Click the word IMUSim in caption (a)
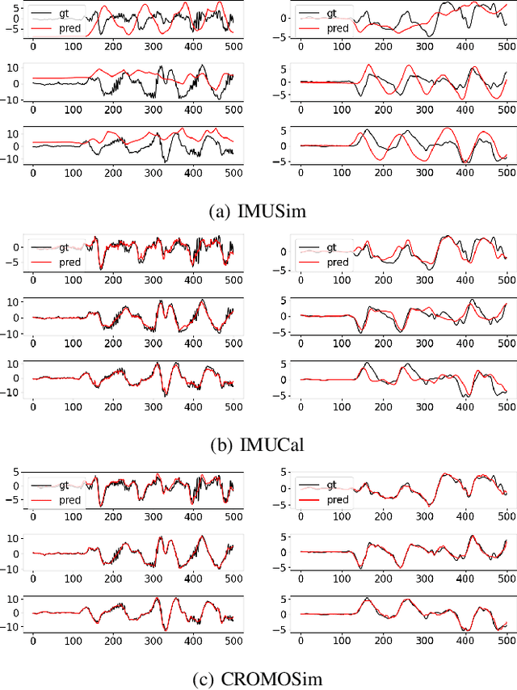coord(272,212)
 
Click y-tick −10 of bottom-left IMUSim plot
coord(12,160)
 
